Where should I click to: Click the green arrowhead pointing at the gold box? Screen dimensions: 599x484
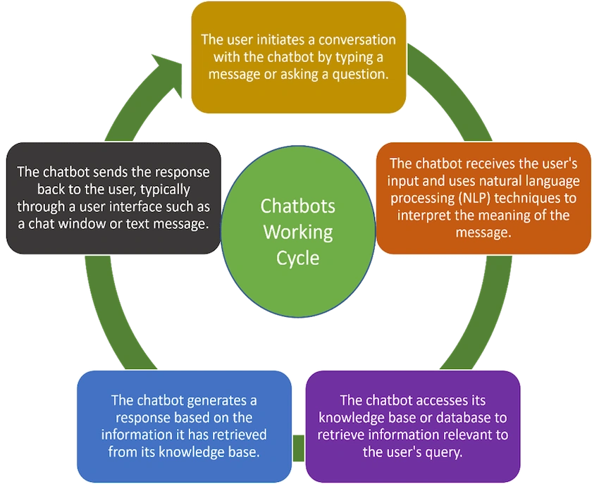(x=168, y=75)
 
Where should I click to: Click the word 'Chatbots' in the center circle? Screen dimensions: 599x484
(x=297, y=206)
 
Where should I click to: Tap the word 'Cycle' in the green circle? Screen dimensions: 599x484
(x=297, y=259)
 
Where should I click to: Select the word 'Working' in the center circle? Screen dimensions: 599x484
(x=298, y=232)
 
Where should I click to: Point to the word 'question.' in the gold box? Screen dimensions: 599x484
(x=360, y=75)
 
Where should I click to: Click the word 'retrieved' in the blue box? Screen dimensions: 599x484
(x=239, y=435)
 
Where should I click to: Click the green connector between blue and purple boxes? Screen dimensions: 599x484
(x=298, y=447)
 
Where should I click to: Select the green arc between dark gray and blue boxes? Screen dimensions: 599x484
(x=109, y=317)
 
